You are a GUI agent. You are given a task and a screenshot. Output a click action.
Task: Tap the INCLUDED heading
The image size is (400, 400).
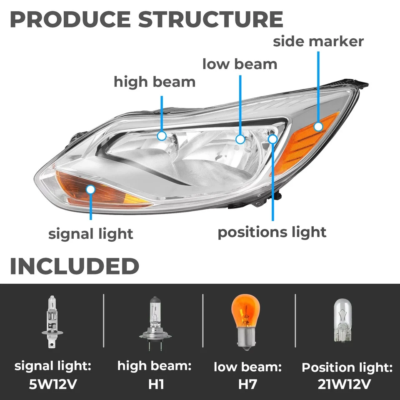coord(74,266)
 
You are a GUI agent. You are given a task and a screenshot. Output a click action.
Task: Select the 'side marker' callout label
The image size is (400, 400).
coord(318,41)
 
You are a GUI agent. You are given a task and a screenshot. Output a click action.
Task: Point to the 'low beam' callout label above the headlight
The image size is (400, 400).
coord(240,64)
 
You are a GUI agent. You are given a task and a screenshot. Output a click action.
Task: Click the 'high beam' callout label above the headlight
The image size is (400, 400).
coord(155,82)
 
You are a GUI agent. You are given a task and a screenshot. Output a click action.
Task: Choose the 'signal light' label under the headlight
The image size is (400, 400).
coord(91,234)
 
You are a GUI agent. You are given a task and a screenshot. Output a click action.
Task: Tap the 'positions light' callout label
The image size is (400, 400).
coord(272,232)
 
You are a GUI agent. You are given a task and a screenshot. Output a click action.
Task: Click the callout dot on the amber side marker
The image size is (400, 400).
coord(319,127)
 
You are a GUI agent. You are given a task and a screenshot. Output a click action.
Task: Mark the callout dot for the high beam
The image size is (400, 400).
coord(162,135)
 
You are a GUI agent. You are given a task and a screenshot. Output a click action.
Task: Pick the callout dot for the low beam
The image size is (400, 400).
coord(240,139)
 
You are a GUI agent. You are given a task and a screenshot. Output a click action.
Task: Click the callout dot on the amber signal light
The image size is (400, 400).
coord(90,190)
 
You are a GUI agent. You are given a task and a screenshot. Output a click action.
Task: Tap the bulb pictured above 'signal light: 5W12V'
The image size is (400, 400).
coord(52,321)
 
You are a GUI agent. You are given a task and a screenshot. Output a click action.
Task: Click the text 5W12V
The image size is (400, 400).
coord(52,384)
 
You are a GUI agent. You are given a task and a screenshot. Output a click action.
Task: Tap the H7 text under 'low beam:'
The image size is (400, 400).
coord(247,384)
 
